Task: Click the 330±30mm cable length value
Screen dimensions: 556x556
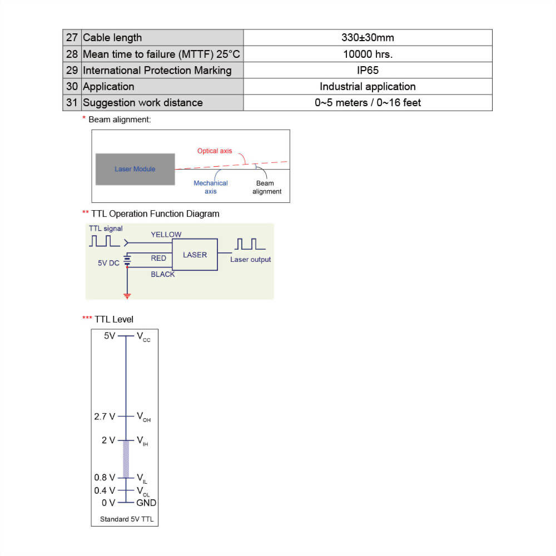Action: pyautogui.click(x=368, y=38)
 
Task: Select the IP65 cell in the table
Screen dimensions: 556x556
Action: pyautogui.click(x=368, y=70)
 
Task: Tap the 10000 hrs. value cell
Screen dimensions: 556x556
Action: pyautogui.click(x=368, y=54)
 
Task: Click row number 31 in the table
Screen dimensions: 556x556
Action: pyautogui.click(x=72, y=103)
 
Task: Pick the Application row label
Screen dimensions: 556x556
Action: pyautogui.click(x=108, y=87)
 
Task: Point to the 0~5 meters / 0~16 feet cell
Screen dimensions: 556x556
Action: pyautogui.click(x=368, y=103)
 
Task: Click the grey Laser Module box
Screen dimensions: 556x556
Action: pyautogui.click(x=135, y=169)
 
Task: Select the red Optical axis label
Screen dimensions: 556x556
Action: pyautogui.click(x=215, y=151)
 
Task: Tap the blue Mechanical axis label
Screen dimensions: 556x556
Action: pyautogui.click(x=211, y=187)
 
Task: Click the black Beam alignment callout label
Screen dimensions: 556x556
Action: pyautogui.click(x=267, y=187)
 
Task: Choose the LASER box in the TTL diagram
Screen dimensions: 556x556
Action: pyautogui.click(x=195, y=255)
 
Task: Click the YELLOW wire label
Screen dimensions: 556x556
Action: pyautogui.click(x=166, y=235)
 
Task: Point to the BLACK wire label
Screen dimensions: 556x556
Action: pyautogui.click(x=162, y=274)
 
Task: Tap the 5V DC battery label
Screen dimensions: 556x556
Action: pyautogui.click(x=108, y=263)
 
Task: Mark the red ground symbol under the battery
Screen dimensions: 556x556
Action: pyautogui.click(x=127, y=296)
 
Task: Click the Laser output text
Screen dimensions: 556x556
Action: pyautogui.click(x=250, y=260)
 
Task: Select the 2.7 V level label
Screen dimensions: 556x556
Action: pyautogui.click(x=105, y=416)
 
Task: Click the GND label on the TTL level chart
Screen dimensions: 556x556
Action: pyautogui.click(x=146, y=503)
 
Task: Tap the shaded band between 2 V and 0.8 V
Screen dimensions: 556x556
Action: pyautogui.click(x=126, y=459)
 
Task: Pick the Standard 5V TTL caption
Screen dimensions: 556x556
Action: pyautogui.click(x=127, y=520)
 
